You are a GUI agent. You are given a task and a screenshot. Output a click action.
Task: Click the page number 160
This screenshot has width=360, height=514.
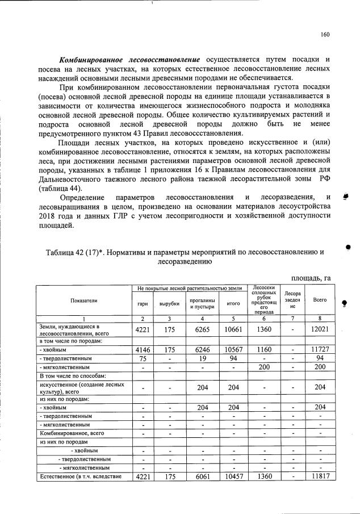[x=325, y=34]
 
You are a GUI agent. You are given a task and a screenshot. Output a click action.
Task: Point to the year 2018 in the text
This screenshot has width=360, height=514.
[x=48, y=216]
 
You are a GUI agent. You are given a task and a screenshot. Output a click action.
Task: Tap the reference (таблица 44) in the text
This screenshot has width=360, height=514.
[x=60, y=188]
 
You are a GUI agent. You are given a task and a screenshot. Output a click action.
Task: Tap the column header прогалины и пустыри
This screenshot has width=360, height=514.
[x=202, y=304]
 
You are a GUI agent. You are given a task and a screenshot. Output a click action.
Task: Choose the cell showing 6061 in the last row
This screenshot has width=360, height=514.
[x=202, y=477]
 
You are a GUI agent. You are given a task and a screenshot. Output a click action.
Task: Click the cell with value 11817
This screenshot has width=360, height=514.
[x=316, y=477]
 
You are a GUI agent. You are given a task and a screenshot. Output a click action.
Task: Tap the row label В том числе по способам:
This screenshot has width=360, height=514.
[x=68, y=376]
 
